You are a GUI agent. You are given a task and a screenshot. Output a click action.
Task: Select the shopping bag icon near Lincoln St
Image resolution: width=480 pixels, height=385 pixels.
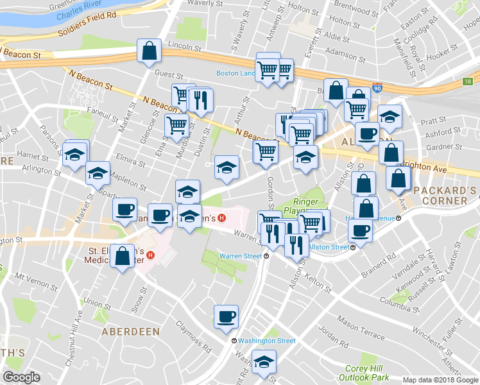(x=149, y=53)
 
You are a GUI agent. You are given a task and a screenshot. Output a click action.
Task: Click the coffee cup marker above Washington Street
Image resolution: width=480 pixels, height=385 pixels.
(x=226, y=316)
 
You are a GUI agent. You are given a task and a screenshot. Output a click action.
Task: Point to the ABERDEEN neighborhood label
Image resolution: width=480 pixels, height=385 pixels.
(x=130, y=332)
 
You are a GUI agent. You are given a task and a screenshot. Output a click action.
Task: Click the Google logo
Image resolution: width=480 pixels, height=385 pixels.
(x=21, y=377)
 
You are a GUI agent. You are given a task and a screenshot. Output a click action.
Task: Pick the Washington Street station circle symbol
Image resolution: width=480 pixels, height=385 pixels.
(x=234, y=341)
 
